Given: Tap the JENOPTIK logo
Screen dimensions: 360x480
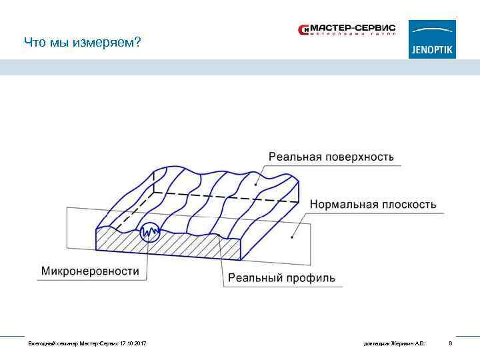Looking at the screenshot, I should [432, 39].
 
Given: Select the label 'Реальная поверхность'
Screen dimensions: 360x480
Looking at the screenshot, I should [331, 157].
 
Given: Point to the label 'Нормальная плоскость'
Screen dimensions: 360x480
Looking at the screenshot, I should [373, 204].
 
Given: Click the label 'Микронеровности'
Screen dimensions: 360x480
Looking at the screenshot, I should [91, 271].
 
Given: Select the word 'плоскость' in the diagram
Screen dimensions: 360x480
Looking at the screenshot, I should [409, 204].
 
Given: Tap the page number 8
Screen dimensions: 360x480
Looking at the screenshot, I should [451, 343].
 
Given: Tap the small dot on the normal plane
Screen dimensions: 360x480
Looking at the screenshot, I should [292, 236].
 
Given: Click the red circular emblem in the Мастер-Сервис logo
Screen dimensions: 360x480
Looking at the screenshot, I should [304, 29].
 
